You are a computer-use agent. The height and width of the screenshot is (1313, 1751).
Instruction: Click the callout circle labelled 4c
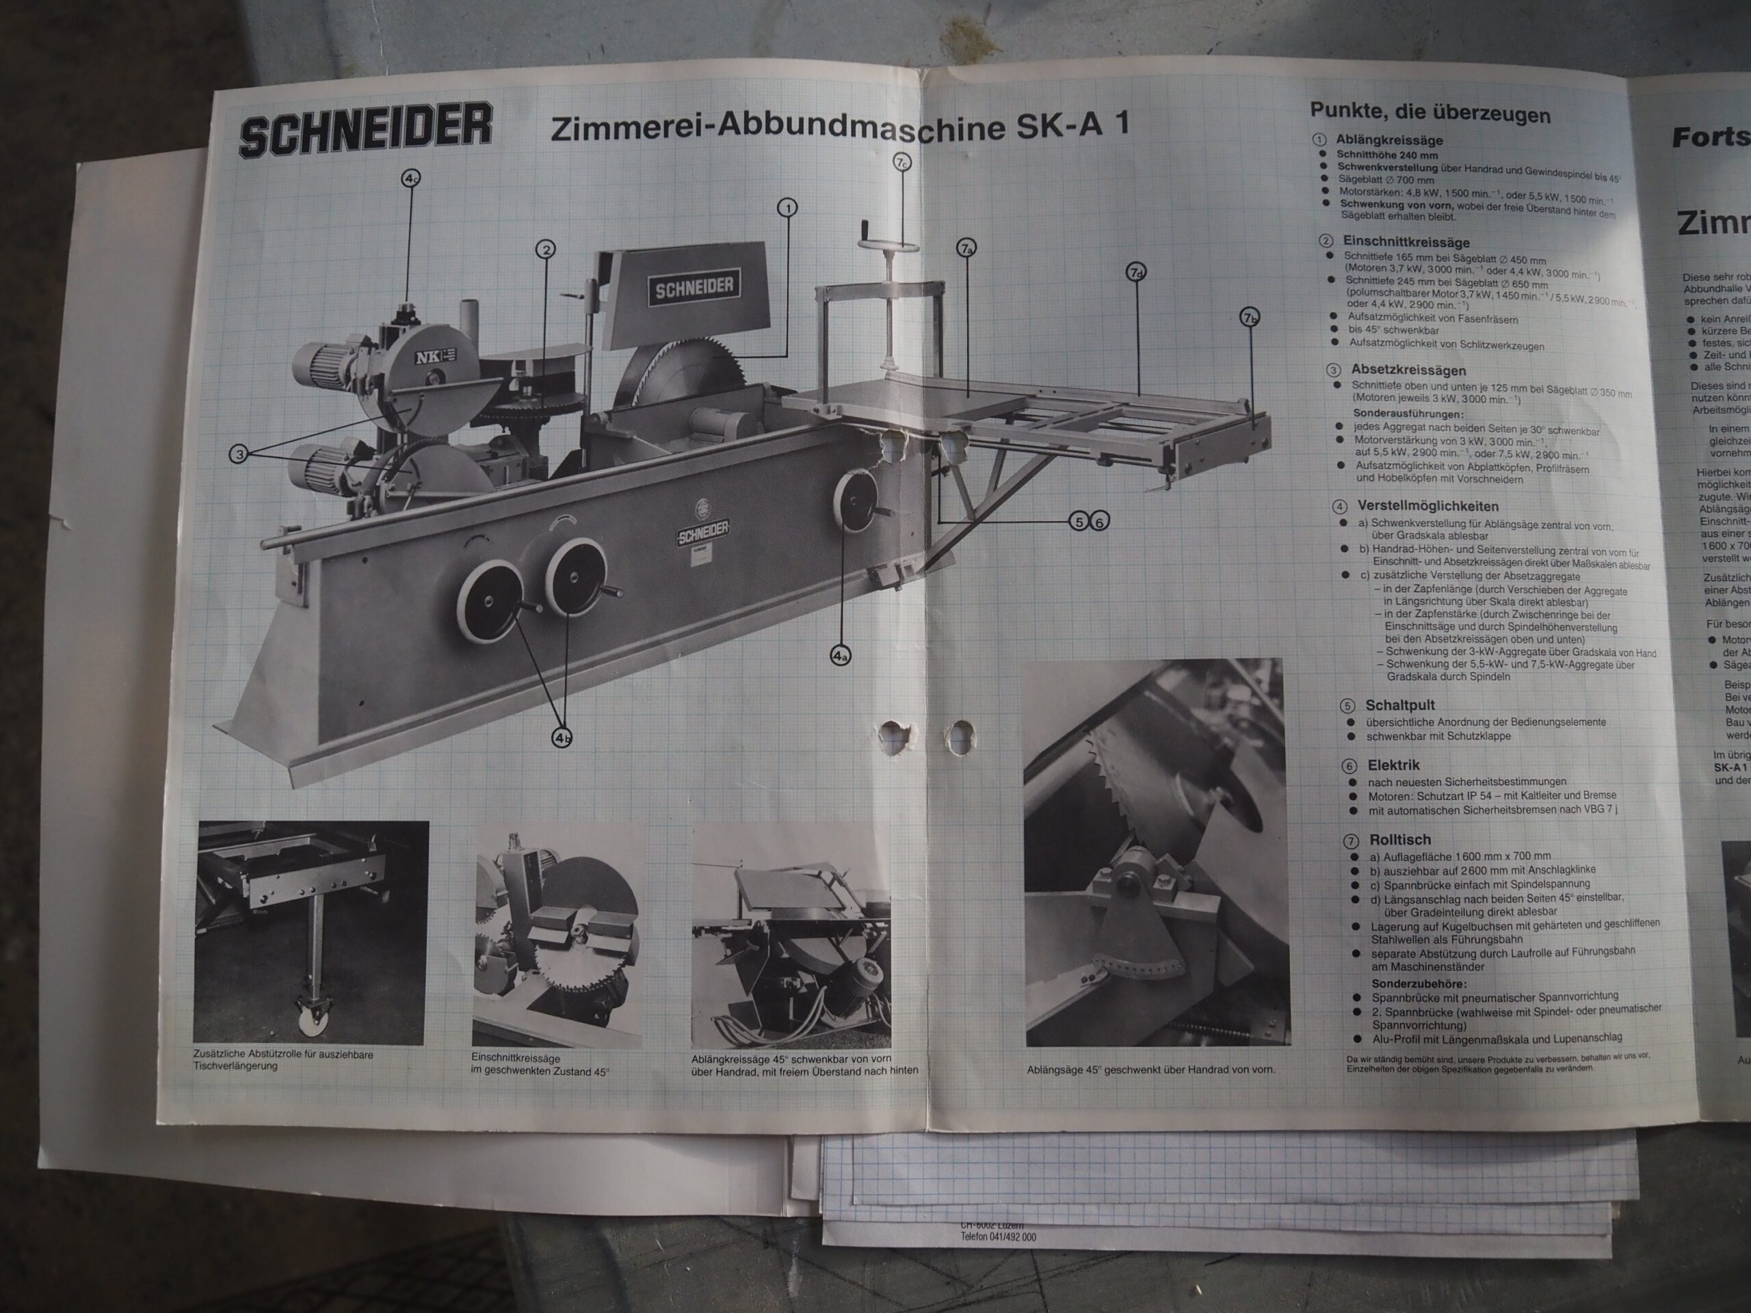(410, 180)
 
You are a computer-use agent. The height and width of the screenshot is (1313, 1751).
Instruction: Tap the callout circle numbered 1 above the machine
(787, 208)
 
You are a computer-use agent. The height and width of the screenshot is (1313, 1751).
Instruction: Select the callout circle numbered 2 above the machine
(544, 250)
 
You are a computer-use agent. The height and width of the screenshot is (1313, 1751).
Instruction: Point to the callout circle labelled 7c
(902, 163)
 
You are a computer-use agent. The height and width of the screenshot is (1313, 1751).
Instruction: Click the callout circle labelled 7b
(1249, 318)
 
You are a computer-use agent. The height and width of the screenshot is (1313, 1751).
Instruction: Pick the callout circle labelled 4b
(562, 739)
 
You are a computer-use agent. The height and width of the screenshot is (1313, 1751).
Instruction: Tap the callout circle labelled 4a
(841, 655)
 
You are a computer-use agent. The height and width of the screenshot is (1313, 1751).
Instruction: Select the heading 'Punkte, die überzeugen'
(1430, 113)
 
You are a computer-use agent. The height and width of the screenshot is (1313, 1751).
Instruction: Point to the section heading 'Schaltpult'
(1399, 704)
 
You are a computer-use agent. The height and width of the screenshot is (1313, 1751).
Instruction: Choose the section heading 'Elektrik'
(1393, 765)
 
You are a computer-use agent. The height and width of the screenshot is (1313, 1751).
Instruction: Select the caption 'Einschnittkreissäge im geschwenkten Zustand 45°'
(540, 1065)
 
